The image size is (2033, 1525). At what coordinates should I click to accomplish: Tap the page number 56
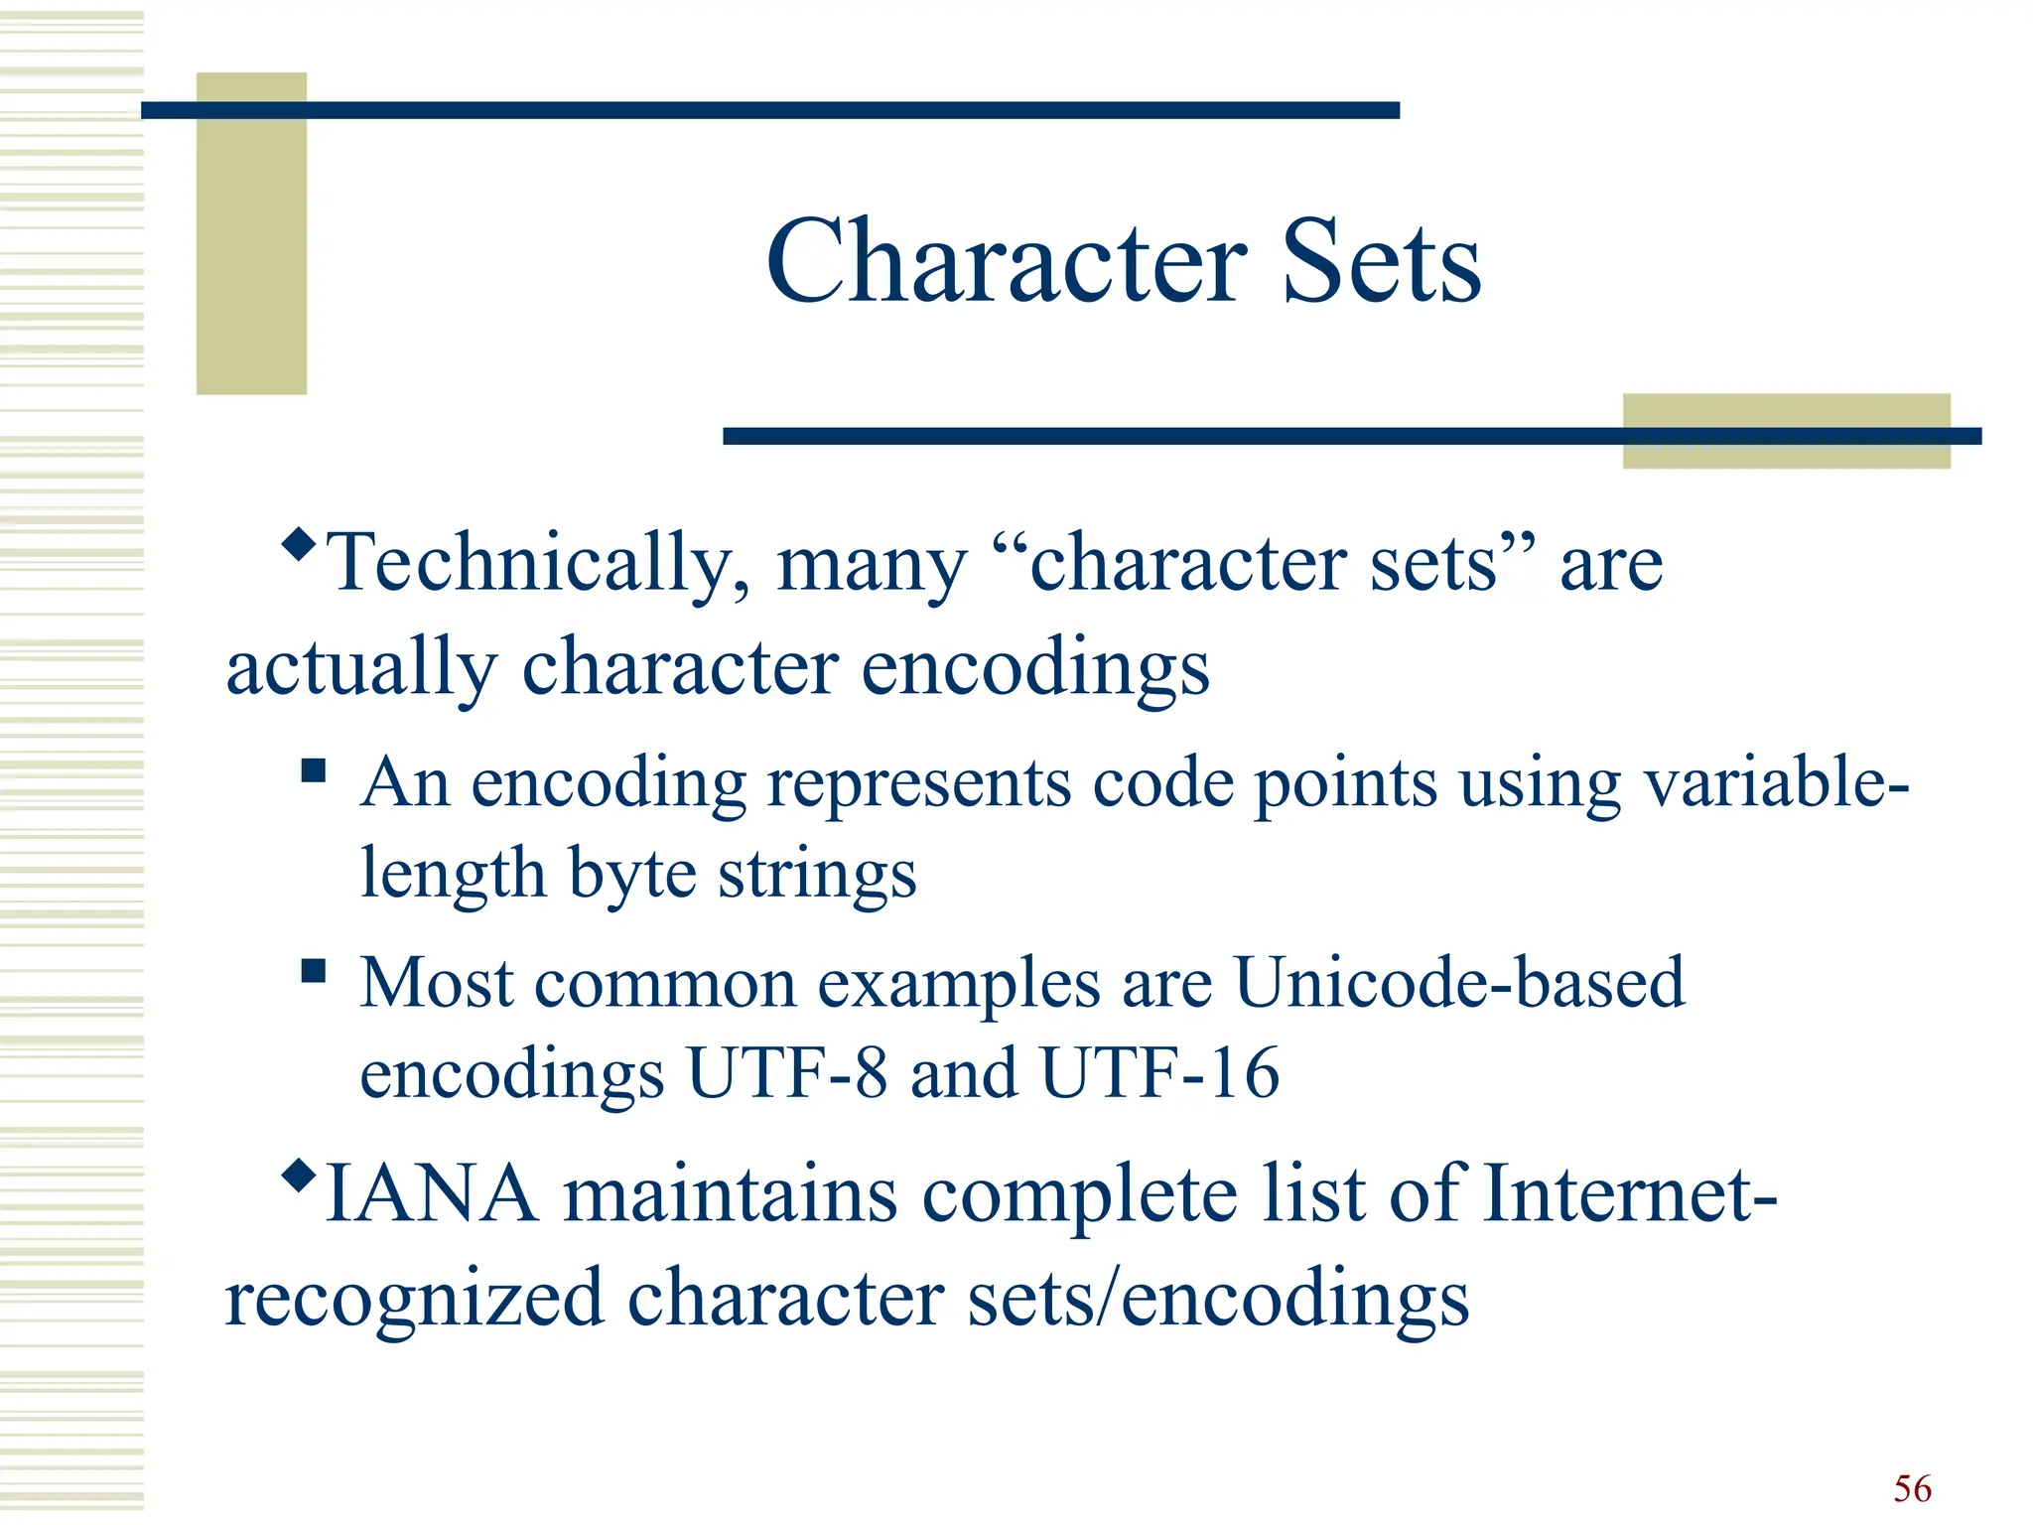(1912, 1488)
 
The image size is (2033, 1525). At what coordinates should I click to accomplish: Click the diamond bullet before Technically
(298, 543)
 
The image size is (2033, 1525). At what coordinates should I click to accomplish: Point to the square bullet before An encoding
(314, 770)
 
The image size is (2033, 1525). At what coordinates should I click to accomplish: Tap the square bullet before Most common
(314, 970)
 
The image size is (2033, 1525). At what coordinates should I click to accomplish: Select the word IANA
(431, 1194)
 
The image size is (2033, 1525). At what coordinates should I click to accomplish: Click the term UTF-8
(787, 1073)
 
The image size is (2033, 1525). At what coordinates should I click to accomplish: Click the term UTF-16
(1159, 1073)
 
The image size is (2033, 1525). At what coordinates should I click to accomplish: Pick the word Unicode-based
(1458, 983)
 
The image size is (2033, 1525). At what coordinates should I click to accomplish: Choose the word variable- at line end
(1776, 783)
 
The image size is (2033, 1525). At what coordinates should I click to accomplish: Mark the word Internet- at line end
(1628, 1194)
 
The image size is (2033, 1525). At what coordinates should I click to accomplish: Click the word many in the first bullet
(871, 564)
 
